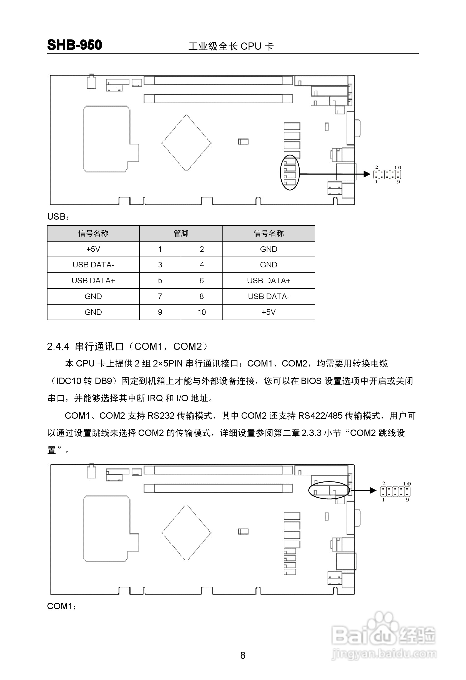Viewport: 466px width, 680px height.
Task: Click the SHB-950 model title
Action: (74, 45)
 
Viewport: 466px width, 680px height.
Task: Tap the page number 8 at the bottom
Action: (243, 655)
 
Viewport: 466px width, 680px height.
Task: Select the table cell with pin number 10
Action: (202, 312)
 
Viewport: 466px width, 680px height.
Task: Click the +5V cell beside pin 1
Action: (93, 249)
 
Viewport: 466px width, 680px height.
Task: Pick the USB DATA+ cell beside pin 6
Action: (269, 281)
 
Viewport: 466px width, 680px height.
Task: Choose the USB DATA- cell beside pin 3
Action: (93, 265)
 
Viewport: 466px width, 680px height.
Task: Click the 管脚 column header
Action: (181, 233)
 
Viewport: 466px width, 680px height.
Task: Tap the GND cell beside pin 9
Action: (93, 312)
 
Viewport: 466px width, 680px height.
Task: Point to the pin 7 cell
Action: (160, 296)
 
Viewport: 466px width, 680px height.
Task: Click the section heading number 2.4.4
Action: (58, 347)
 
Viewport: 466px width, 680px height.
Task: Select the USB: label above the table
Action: (58, 217)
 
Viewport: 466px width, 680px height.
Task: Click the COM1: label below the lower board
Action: (61, 606)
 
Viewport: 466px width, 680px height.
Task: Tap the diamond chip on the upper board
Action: (186, 142)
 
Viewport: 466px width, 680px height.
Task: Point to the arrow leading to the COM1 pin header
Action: (363, 490)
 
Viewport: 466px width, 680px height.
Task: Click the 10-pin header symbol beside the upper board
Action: (387, 175)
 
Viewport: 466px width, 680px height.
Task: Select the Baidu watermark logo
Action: (384, 635)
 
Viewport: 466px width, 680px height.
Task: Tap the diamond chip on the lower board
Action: (186, 532)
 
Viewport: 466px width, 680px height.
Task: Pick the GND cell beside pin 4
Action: (269, 265)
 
